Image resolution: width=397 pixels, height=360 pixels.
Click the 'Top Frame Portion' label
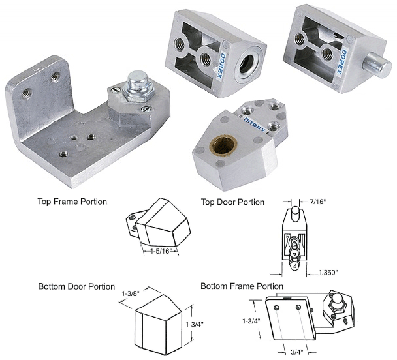click(72, 202)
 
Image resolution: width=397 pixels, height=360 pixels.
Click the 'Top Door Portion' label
click(232, 202)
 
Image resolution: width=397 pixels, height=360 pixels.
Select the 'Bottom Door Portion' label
click(76, 286)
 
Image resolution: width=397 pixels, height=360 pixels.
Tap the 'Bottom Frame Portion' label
click(242, 286)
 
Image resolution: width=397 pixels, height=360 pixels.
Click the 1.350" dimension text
click(328, 271)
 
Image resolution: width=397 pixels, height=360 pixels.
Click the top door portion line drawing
click(293, 238)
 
